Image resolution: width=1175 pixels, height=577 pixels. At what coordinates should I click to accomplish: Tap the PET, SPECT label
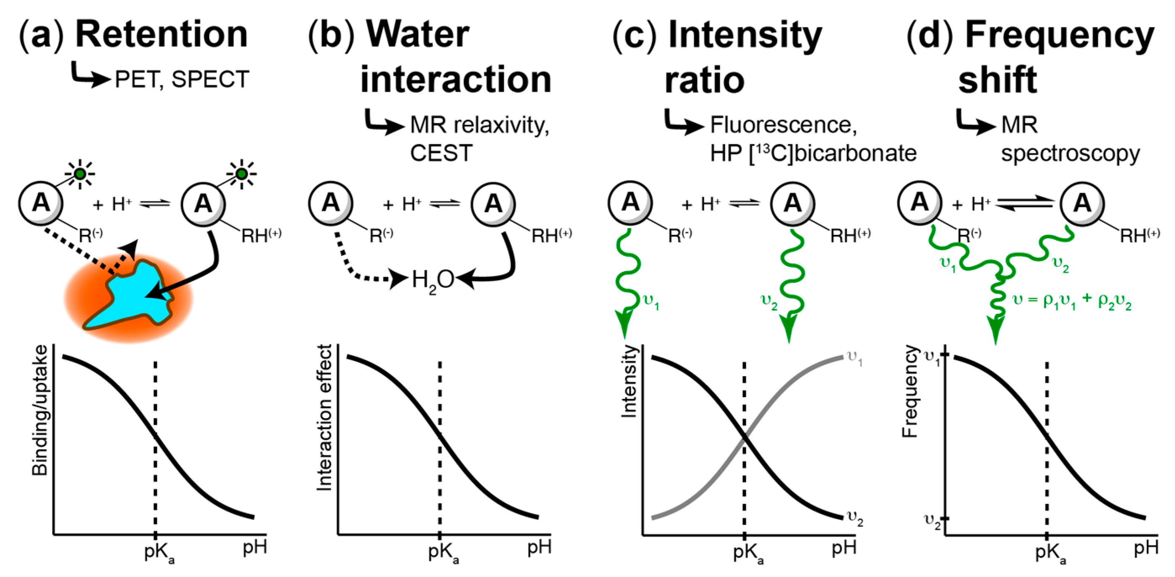click(181, 79)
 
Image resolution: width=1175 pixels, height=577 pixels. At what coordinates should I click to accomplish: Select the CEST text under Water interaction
click(441, 153)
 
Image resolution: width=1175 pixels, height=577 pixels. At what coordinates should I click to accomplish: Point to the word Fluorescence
click(783, 125)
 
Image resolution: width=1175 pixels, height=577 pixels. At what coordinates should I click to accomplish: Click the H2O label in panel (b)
click(433, 280)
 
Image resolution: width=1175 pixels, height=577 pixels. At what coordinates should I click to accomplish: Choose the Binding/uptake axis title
click(40, 410)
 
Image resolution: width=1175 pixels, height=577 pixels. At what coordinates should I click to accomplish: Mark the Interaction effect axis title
click(325, 417)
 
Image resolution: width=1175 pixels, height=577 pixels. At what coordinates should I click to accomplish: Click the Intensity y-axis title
click(629, 382)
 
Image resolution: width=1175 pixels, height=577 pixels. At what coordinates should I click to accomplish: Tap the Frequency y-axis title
click(910, 392)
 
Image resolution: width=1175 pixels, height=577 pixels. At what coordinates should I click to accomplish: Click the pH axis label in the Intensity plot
click(844, 547)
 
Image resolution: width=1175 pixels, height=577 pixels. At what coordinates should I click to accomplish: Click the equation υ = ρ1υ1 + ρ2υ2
click(1072, 301)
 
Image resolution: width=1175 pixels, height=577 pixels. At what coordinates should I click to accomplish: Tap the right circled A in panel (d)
click(1081, 203)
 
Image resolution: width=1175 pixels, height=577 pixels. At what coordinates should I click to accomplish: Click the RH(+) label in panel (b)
click(551, 235)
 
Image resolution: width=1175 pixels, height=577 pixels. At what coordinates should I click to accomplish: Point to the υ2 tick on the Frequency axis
click(933, 521)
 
